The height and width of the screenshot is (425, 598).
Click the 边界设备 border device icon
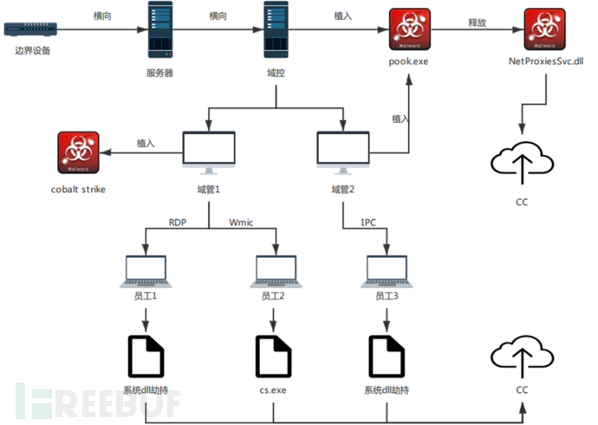coord(32,29)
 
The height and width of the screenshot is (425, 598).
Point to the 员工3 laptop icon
coord(387,270)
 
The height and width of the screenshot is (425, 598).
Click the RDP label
coord(178,223)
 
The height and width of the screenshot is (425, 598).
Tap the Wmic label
coord(241,223)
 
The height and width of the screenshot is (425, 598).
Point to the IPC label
coord(368,223)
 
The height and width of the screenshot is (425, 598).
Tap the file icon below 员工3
coord(387,355)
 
